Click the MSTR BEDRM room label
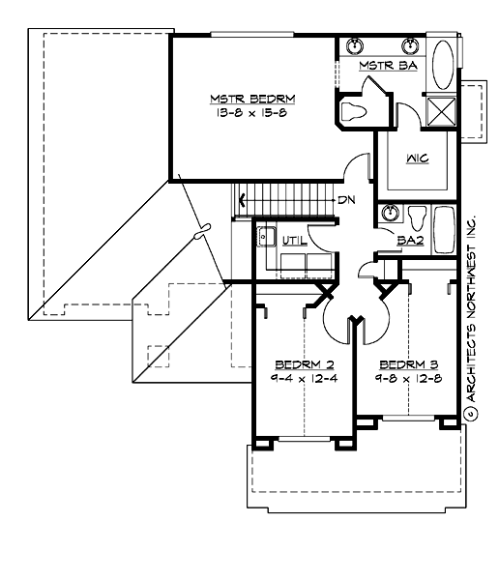point(253,99)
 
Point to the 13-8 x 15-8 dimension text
point(253,112)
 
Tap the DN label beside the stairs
point(345,200)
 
